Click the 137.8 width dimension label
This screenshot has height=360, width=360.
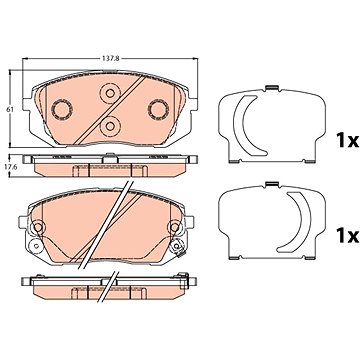click(110, 58)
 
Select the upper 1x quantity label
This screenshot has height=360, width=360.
click(347, 141)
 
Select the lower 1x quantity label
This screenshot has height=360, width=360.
click(347, 236)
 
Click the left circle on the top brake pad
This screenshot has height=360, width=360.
click(62, 109)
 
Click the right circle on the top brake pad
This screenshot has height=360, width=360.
click(158, 109)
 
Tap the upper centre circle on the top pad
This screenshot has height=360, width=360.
click(110, 93)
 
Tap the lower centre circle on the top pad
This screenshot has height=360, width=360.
click(110, 126)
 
